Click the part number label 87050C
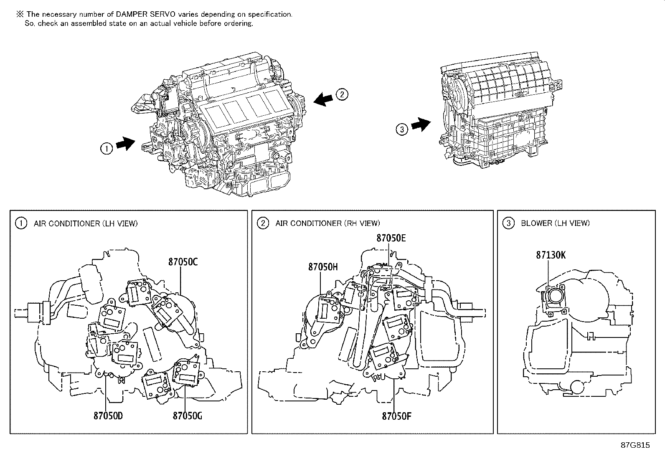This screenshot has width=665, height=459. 183,262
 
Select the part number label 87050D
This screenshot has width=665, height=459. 108,416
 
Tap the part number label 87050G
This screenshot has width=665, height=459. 187,416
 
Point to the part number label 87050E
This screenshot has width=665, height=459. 391,238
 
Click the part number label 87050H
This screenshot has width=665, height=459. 323,266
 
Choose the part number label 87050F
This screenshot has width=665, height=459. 396,416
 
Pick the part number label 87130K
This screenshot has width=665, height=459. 551,255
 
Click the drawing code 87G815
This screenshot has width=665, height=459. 635,445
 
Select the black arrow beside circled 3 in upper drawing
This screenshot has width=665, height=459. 421,124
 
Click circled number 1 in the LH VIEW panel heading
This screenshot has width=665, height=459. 21,223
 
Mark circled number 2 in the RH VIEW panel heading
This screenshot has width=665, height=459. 263,223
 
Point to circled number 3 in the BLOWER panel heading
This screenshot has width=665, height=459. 508,223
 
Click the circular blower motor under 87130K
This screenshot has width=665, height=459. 556,297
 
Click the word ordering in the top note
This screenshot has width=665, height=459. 239,23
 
